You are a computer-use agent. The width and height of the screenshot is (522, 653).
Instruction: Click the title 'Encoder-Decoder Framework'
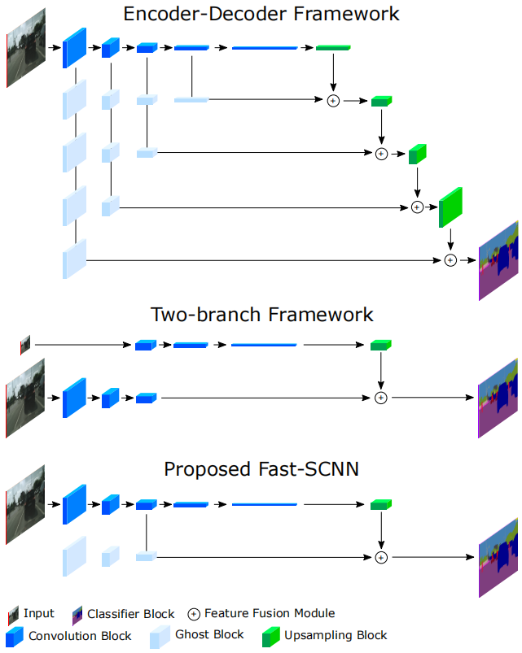[261, 14]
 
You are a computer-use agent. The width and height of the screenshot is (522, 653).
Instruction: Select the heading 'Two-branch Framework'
[261, 315]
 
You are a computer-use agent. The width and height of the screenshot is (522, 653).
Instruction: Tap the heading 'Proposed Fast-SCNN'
[261, 469]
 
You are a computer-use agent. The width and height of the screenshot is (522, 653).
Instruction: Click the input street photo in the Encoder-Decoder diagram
[29, 49]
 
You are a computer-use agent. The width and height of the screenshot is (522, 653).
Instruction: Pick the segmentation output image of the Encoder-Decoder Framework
[498, 259]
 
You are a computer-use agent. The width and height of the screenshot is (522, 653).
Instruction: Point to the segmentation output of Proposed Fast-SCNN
[498, 557]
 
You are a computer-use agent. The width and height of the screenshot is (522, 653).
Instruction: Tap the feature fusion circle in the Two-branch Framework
[380, 398]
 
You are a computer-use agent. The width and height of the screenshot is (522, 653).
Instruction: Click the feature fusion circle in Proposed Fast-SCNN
[380, 557]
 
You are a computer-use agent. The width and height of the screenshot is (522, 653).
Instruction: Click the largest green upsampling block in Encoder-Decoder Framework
[450, 208]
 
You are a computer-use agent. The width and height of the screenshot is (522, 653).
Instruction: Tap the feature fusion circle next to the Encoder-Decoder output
[450, 260]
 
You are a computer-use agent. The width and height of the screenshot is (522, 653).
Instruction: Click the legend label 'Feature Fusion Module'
[270, 614]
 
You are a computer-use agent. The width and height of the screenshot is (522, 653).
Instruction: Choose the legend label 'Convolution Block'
[80, 636]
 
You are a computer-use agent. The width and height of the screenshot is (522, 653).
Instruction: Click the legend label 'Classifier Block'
[131, 614]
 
